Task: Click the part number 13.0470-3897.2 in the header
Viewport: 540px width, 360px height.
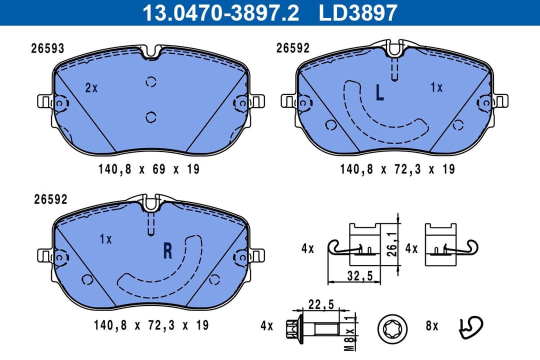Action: (x=220, y=13)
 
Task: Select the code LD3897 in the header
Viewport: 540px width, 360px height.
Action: (x=358, y=13)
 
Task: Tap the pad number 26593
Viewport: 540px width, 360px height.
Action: (x=47, y=48)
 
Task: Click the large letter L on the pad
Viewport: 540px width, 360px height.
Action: (x=379, y=92)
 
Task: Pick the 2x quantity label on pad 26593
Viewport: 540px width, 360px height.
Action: (x=91, y=88)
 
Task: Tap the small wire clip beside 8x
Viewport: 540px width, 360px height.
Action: (x=470, y=326)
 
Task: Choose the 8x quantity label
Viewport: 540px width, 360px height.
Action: (x=432, y=326)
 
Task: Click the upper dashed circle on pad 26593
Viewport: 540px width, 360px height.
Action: (x=151, y=82)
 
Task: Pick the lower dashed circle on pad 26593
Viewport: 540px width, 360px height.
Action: (x=151, y=117)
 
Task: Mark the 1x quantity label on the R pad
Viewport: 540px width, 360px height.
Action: (x=105, y=239)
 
